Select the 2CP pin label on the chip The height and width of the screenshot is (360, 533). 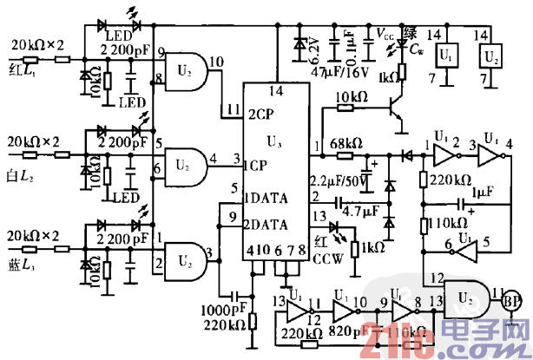click(x=261, y=115)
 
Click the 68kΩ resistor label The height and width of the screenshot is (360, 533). click(x=346, y=143)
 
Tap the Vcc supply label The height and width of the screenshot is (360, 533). click(x=382, y=34)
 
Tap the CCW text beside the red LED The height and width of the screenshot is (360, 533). click(x=327, y=259)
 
